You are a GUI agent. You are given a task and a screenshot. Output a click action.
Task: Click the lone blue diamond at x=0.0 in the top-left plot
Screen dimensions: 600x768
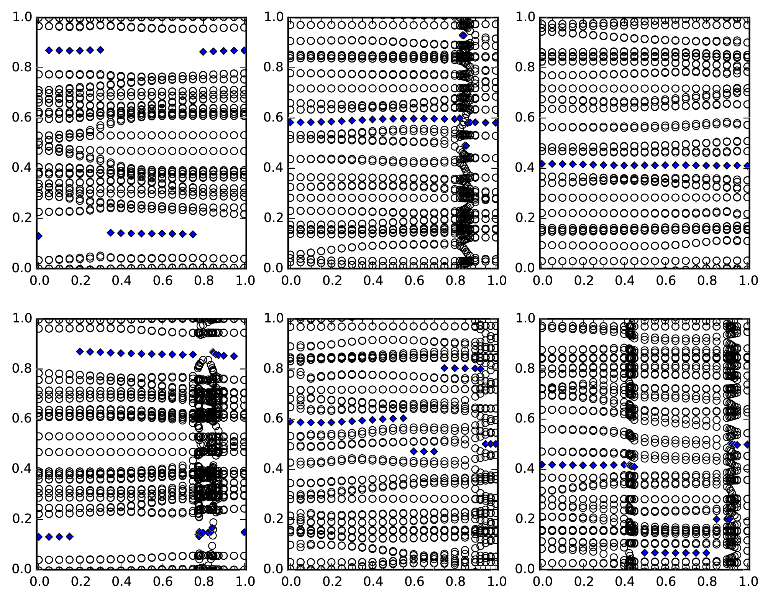pos(38,236)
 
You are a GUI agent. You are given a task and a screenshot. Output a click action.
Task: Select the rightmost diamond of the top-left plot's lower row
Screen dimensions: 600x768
pos(193,234)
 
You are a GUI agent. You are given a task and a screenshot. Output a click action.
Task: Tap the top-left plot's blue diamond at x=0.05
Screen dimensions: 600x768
pos(49,50)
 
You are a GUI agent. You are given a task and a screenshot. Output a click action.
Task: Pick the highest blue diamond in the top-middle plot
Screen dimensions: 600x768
pos(463,35)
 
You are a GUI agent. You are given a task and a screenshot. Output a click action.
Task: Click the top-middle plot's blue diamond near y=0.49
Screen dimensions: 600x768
pos(466,146)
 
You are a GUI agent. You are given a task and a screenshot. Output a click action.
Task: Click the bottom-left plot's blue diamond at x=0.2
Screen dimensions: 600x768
pos(80,351)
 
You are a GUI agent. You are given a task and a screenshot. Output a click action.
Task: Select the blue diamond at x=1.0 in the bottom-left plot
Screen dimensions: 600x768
pos(244,532)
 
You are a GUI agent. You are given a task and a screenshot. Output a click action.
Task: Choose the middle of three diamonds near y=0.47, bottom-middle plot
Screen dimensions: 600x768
pos(424,451)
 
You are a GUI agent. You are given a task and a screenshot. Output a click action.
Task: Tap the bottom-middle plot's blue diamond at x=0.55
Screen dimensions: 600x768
pos(404,418)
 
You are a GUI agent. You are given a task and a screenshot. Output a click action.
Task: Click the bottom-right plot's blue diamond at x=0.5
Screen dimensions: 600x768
pos(645,552)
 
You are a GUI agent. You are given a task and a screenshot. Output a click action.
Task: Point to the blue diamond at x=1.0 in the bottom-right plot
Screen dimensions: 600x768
pos(747,444)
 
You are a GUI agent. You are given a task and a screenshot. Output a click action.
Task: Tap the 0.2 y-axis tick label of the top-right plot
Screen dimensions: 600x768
pos(525,218)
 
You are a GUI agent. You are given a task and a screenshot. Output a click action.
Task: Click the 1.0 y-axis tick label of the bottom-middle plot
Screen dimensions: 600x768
pos(273,319)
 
